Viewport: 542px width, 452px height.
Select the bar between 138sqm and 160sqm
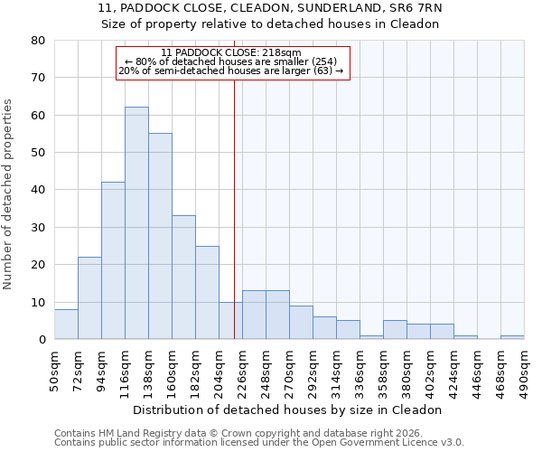click(x=160, y=237)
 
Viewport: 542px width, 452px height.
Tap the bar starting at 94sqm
click(x=113, y=261)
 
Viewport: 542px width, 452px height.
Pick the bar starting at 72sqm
click(x=89, y=298)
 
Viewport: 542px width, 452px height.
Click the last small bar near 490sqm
click(x=512, y=337)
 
